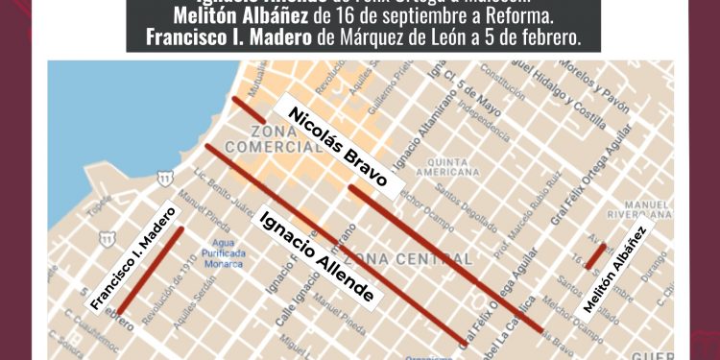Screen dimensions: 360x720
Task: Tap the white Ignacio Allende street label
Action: [x=316, y=256]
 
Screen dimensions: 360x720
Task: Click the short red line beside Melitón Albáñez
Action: [x=595, y=256]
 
